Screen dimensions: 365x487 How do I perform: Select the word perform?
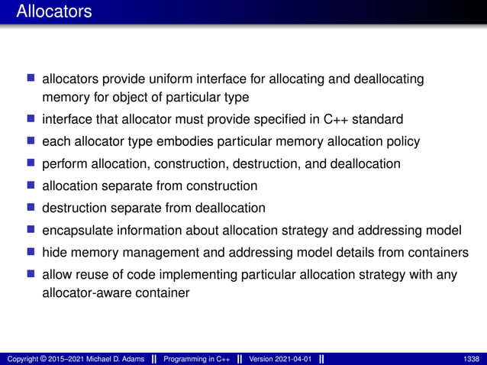click(64, 164)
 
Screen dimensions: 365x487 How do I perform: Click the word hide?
click(55, 253)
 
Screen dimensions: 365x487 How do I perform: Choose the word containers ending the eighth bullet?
click(437, 253)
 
